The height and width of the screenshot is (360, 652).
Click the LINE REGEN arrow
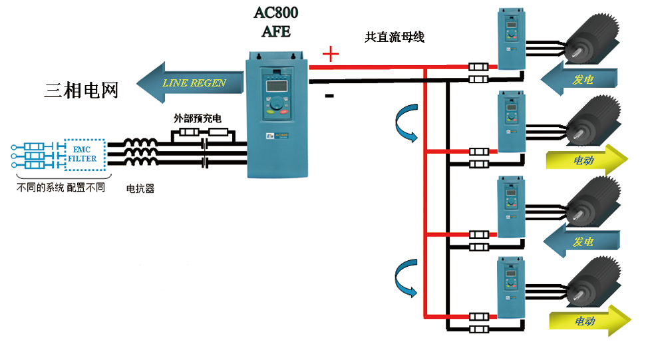[190, 83]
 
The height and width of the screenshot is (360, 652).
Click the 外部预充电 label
[197, 118]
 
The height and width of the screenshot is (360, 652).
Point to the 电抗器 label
[140, 188]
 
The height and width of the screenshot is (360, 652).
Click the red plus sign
[330, 54]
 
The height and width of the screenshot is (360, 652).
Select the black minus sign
[329, 96]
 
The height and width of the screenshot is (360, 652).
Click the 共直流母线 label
[395, 38]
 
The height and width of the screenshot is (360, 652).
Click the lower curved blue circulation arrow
[405, 280]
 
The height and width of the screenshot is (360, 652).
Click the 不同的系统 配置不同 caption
[61, 188]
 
